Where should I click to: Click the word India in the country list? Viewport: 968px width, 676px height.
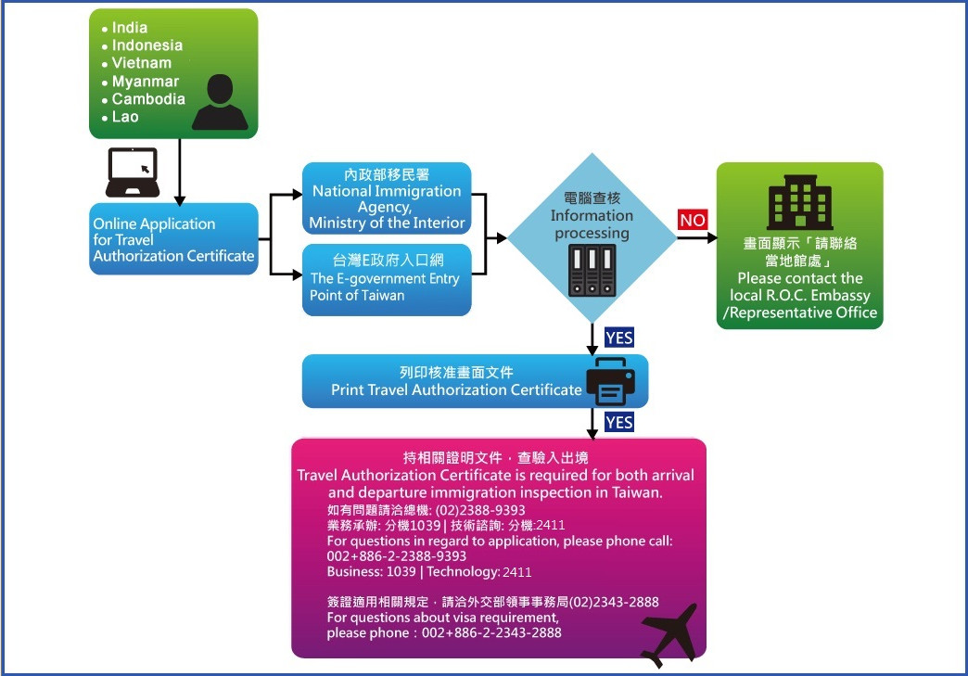[x=129, y=27]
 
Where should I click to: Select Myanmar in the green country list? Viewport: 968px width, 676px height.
[x=145, y=81]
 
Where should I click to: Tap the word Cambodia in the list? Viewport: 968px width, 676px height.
[x=148, y=98]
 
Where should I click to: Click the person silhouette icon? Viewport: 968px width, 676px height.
[x=220, y=102]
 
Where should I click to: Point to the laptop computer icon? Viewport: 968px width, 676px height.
[x=132, y=172]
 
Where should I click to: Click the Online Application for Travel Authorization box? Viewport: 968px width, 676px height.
[x=173, y=239]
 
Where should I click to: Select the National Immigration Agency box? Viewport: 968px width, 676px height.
[x=387, y=198]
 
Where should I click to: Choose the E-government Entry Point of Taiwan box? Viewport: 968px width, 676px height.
[x=387, y=279]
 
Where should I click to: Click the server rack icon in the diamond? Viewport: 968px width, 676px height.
[x=592, y=270]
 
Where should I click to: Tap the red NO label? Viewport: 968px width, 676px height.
[x=693, y=220]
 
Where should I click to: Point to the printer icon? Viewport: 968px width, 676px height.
[x=610, y=382]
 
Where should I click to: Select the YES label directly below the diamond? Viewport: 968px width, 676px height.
[x=618, y=338]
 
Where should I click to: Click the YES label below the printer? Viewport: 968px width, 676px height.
[x=618, y=423]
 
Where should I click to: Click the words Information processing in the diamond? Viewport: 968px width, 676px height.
[x=592, y=224]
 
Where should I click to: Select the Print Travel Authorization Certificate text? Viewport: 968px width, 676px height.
[x=456, y=389]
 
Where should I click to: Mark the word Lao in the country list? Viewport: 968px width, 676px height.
[x=125, y=117]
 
